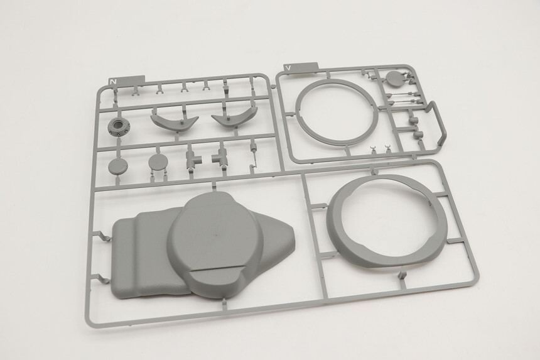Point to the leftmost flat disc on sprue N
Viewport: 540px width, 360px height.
(116, 166)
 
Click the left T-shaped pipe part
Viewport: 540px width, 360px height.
(193, 157)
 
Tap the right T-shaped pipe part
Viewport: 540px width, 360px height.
(219, 157)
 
